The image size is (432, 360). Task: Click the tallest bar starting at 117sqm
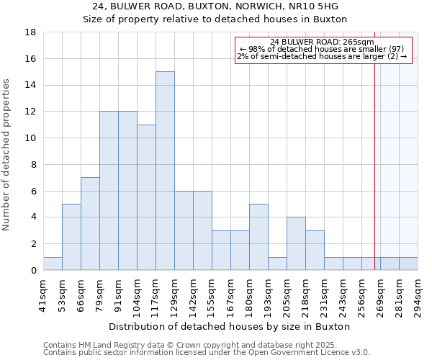click(165, 171)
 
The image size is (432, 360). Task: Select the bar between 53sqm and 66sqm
click(71, 237)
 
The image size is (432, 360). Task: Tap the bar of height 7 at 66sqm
click(90, 223)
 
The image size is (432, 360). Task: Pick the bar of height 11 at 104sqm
click(146, 197)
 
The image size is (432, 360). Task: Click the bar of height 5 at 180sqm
click(258, 237)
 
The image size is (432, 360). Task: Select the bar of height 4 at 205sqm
click(296, 243)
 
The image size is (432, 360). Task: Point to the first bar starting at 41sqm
click(53, 264)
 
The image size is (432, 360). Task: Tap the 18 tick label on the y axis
click(30, 32)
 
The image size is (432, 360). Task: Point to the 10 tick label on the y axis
click(30, 138)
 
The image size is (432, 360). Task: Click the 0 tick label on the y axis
click(33, 270)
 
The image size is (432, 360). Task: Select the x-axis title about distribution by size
click(230, 326)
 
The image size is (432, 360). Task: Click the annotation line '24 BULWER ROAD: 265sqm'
click(323, 42)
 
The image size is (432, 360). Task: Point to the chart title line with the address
click(215, 6)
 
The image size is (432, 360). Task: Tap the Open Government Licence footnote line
click(207, 352)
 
